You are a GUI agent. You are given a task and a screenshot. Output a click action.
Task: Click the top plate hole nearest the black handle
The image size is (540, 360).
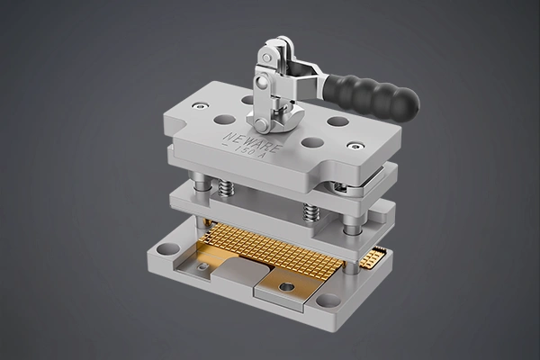tap(337, 121)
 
